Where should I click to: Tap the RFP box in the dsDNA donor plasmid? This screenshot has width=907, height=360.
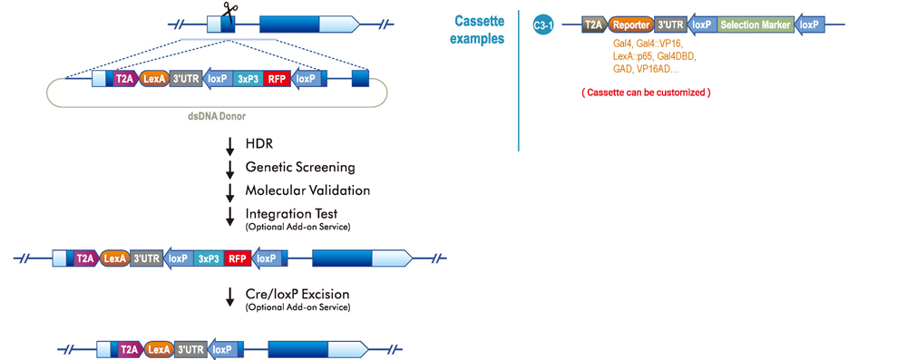[277, 79]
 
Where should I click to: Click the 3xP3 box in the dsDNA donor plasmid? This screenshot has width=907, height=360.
[247, 79]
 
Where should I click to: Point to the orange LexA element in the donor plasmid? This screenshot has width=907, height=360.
[155, 79]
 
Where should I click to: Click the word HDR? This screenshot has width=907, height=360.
[259, 144]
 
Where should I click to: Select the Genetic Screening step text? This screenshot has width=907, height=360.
[299, 167]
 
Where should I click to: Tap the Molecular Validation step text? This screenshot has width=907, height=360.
[307, 190]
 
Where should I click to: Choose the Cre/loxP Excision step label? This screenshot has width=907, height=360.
[297, 295]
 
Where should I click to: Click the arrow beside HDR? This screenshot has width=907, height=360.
[230, 145]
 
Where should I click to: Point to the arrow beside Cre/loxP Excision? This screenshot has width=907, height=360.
[230, 297]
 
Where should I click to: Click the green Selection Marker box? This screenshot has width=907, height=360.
[755, 25]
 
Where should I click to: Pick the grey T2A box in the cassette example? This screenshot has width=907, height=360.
[594, 25]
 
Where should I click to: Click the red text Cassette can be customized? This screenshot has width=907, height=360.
[645, 92]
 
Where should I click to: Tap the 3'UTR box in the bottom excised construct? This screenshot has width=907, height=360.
[190, 349]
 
